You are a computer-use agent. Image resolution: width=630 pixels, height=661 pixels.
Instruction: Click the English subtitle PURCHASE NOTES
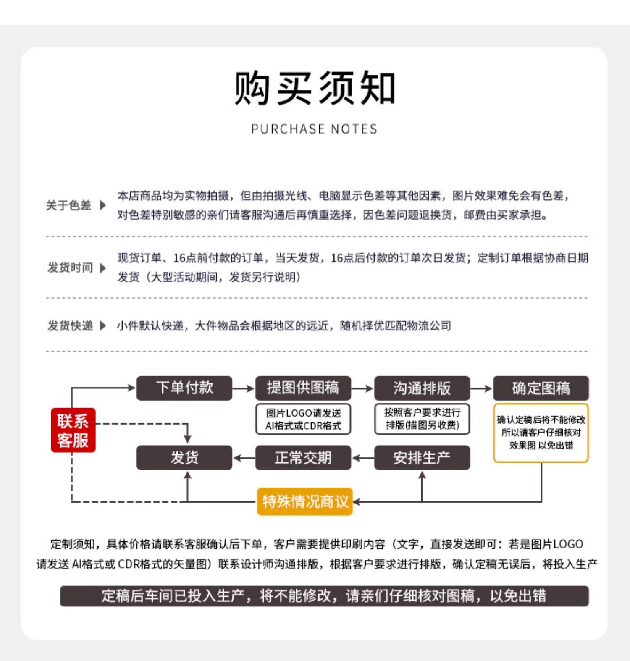[314, 129]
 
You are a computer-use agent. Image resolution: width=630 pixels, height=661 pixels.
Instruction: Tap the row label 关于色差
[68, 205]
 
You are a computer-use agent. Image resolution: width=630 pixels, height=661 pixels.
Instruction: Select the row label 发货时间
[70, 268]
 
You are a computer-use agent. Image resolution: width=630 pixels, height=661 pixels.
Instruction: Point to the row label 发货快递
[70, 325]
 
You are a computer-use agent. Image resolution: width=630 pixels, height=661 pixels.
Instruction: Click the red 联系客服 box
[73, 430]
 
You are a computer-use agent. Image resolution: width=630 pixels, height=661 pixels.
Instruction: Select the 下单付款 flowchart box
[184, 388]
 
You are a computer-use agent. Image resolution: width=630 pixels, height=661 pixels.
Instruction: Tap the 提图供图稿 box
[303, 388]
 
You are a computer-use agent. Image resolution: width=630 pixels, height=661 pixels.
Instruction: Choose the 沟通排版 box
[422, 388]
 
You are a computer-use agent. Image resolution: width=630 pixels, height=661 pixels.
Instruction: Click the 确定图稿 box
[541, 388]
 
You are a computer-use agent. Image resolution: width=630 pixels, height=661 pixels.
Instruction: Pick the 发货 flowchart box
[184, 457]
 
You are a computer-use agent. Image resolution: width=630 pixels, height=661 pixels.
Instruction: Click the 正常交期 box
[303, 457]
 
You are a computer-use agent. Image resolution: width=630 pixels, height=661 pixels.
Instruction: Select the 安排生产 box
[422, 457]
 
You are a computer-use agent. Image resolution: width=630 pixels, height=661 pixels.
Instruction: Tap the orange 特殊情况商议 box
[305, 501]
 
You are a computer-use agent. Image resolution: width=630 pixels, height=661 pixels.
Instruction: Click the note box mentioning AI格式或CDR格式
[303, 419]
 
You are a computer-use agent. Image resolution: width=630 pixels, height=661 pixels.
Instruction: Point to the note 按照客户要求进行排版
[422, 419]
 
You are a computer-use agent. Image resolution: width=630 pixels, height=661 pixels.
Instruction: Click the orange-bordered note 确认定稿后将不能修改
[541, 433]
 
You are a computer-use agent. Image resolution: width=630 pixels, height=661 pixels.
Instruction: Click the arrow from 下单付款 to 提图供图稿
[244, 388]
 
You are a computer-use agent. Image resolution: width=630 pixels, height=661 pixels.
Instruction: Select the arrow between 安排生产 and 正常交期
[363, 458]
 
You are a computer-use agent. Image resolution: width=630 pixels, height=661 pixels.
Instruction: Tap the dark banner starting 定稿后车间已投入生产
[324, 596]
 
